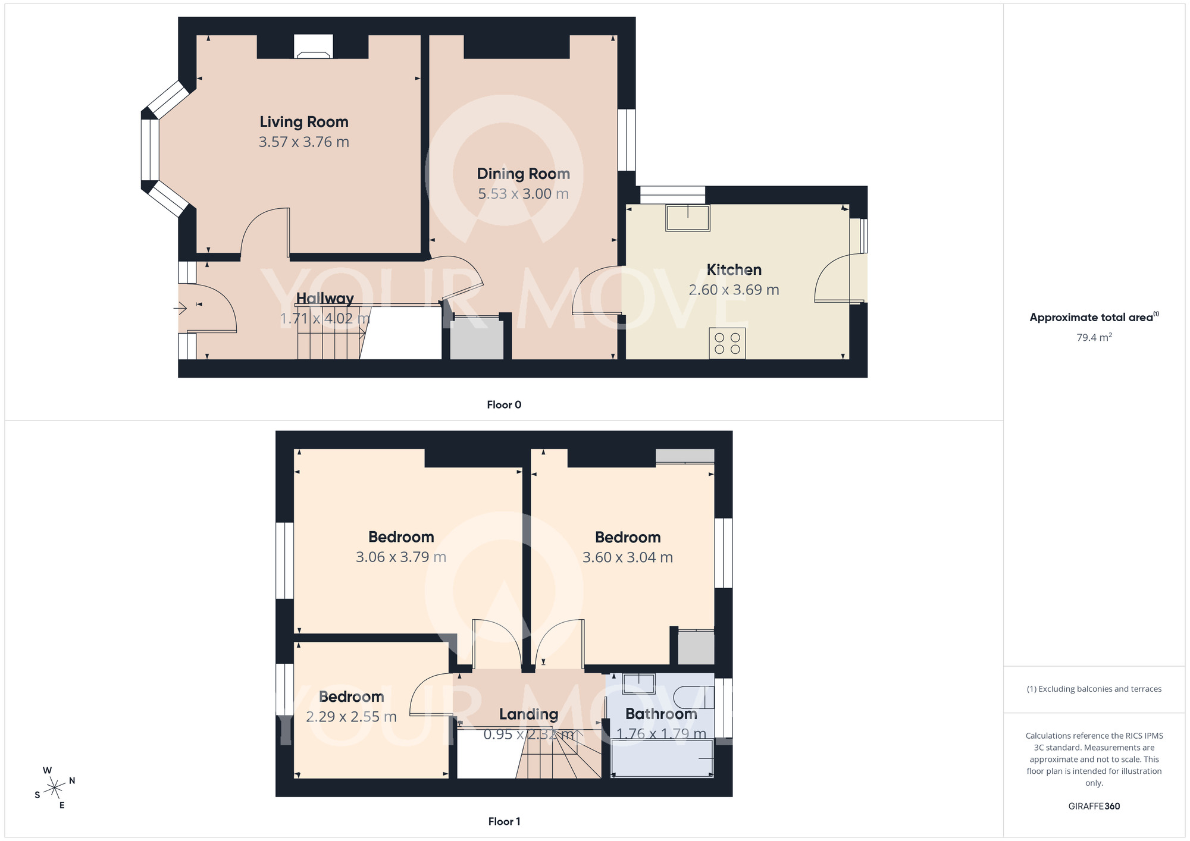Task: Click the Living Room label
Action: [303, 122]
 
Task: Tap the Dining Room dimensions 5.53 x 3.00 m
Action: [523, 194]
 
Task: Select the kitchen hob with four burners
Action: [727, 343]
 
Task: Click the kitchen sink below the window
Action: [688, 218]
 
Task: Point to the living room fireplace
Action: [313, 47]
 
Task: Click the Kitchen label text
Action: [734, 270]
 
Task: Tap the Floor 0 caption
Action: [504, 405]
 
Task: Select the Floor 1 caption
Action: [504, 821]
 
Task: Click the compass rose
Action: [55, 788]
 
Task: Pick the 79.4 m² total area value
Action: [1094, 337]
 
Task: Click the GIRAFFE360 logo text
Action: [1094, 807]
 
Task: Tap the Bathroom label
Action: [660, 714]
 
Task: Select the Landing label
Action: [528, 714]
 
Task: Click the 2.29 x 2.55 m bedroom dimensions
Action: [351, 717]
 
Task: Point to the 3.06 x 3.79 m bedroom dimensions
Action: [400, 557]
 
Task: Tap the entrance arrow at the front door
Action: [180, 308]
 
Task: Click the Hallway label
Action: [325, 299]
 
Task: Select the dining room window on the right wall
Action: [626, 140]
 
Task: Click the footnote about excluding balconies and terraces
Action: [1094, 689]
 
